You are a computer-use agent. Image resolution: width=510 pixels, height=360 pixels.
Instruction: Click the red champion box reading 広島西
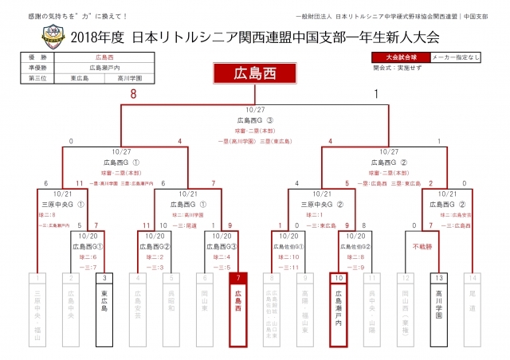(255, 73)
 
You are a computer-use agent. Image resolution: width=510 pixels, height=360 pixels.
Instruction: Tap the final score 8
(134, 94)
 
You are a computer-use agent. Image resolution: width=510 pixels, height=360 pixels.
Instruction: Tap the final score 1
(375, 94)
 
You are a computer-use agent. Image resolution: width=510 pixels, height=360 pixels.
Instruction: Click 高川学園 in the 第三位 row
(129, 78)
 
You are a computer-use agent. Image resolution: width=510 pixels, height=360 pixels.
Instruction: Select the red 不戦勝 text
(422, 247)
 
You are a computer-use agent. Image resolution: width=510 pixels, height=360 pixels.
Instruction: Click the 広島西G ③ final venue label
(255, 120)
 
